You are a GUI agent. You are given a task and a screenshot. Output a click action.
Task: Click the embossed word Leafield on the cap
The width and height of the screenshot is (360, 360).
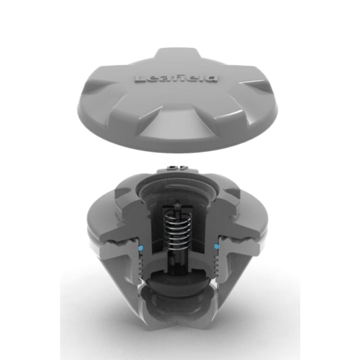176,78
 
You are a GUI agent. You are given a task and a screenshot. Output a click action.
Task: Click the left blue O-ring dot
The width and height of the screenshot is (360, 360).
141,246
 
